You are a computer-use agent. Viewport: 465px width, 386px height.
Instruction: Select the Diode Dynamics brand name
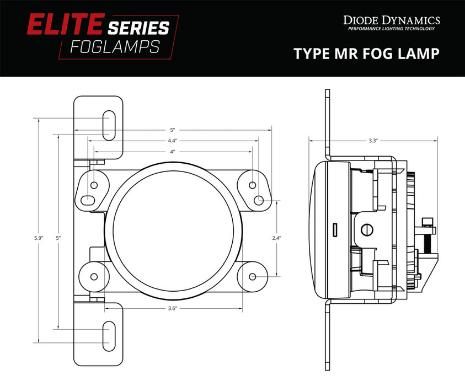click(x=391, y=20)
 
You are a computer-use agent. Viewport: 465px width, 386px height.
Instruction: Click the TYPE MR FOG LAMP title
click(x=366, y=53)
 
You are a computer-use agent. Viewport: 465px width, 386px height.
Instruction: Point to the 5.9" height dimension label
click(x=38, y=238)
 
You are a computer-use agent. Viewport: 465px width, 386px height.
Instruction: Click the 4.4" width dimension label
click(x=173, y=141)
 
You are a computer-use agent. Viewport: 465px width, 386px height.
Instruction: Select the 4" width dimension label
click(x=173, y=151)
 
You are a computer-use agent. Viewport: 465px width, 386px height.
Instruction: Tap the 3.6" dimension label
click(x=173, y=309)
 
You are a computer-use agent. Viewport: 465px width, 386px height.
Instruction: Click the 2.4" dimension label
click(x=277, y=238)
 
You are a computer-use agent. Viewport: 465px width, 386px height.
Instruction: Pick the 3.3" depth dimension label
click(x=373, y=141)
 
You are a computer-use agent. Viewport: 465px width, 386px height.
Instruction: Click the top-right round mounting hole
click(x=252, y=185)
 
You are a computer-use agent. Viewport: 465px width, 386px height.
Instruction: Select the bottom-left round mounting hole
click(x=94, y=276)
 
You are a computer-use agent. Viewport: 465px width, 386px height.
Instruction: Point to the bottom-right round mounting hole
click(x=252, y=276)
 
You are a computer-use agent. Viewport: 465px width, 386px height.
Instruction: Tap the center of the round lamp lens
click(x=173, y=230)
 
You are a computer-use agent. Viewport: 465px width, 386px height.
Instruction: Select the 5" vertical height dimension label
click(x=58, y=238)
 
